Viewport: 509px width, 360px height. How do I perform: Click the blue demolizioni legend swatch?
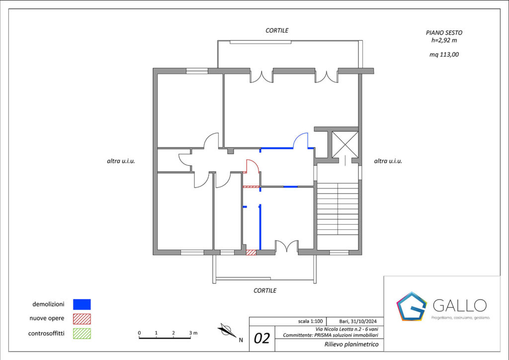pos(82,304)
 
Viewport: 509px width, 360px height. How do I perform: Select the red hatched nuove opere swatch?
pos(82,319)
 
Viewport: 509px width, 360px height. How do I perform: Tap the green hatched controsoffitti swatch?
pos(82,333)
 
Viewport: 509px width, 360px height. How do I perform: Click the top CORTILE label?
pos(277,30)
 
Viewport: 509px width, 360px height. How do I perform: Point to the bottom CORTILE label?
pos(265,290)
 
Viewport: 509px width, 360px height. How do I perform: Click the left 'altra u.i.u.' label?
pos(121,161)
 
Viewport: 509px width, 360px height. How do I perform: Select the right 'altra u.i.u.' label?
pos(388,161)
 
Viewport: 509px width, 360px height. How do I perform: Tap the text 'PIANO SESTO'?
pos(444,33)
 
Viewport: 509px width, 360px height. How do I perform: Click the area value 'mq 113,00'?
pos(444,55)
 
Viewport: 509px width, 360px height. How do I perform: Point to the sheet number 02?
pos(261,338)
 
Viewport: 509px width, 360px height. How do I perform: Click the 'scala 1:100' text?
pos(310,321)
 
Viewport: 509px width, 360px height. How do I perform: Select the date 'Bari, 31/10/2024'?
pos(358,321)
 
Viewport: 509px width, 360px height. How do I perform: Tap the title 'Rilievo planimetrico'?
pos(351,345)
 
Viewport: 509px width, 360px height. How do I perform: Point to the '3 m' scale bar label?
pos(193,333)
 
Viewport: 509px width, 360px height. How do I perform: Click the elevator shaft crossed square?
pos(345,145)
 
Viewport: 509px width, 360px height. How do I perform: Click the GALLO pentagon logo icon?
pos(412,306)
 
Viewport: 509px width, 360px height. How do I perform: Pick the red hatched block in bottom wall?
pos(251,252)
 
